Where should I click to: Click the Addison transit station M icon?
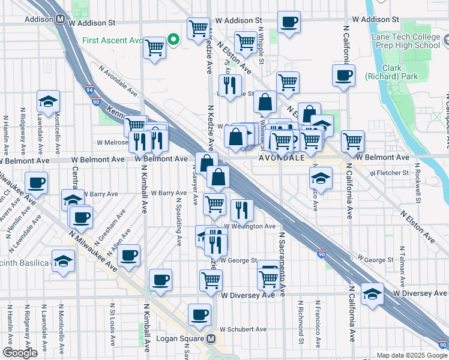[x=60, y=19]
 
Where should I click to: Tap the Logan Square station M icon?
[x=211, y=339]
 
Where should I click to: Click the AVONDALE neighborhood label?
[x=281, y=159]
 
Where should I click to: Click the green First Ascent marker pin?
[x=173, y=40]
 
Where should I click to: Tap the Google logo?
[x=20, y=353]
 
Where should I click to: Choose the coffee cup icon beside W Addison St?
[x=289, y=22]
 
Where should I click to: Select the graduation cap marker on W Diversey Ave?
[x=372, y=293]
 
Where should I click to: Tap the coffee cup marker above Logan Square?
[x=199, y=314]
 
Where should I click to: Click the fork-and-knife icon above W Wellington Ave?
[x=241, y=209]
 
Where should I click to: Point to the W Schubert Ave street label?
[x=243, y=329]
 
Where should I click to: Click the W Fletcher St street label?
[x=388, y=173]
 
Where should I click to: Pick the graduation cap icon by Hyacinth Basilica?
[x=63, y=261]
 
